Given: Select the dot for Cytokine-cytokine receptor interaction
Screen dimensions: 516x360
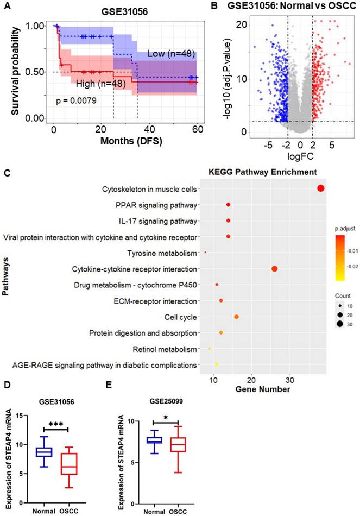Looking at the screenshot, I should [x=274, y=269].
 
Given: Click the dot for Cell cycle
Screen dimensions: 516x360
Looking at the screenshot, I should [x=236, y=317].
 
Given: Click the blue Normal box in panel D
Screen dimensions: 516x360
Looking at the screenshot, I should [x=43, y=451].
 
